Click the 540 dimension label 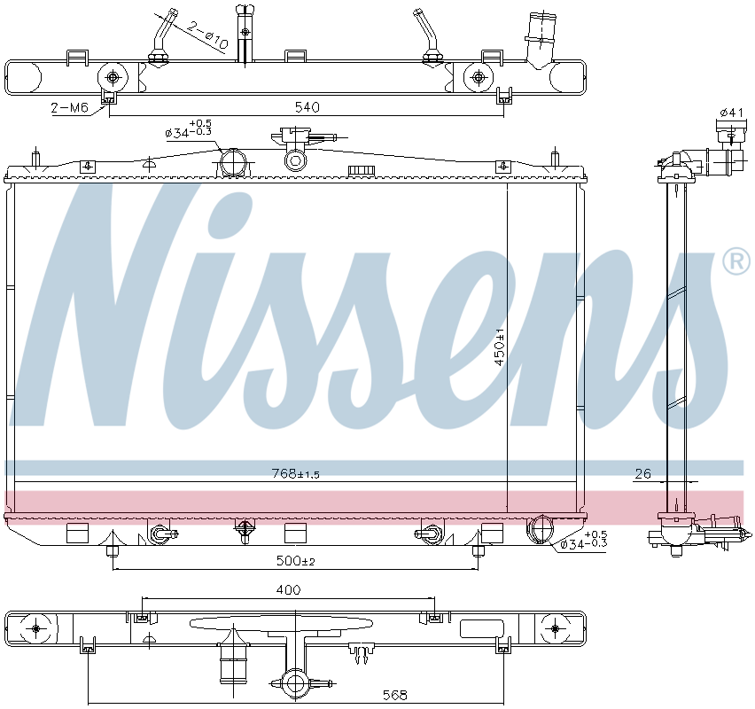(306, 107)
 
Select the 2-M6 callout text (69, 107)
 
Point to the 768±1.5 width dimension (295, 474)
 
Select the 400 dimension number (289, 589)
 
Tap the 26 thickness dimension (642, 474)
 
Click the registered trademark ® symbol (735, 261)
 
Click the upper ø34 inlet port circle (232, 163)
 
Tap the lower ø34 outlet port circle (539, 530)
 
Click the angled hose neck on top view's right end (539, 40)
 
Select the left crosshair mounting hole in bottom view (35, 628)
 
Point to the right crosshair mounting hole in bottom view (555, 628)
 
